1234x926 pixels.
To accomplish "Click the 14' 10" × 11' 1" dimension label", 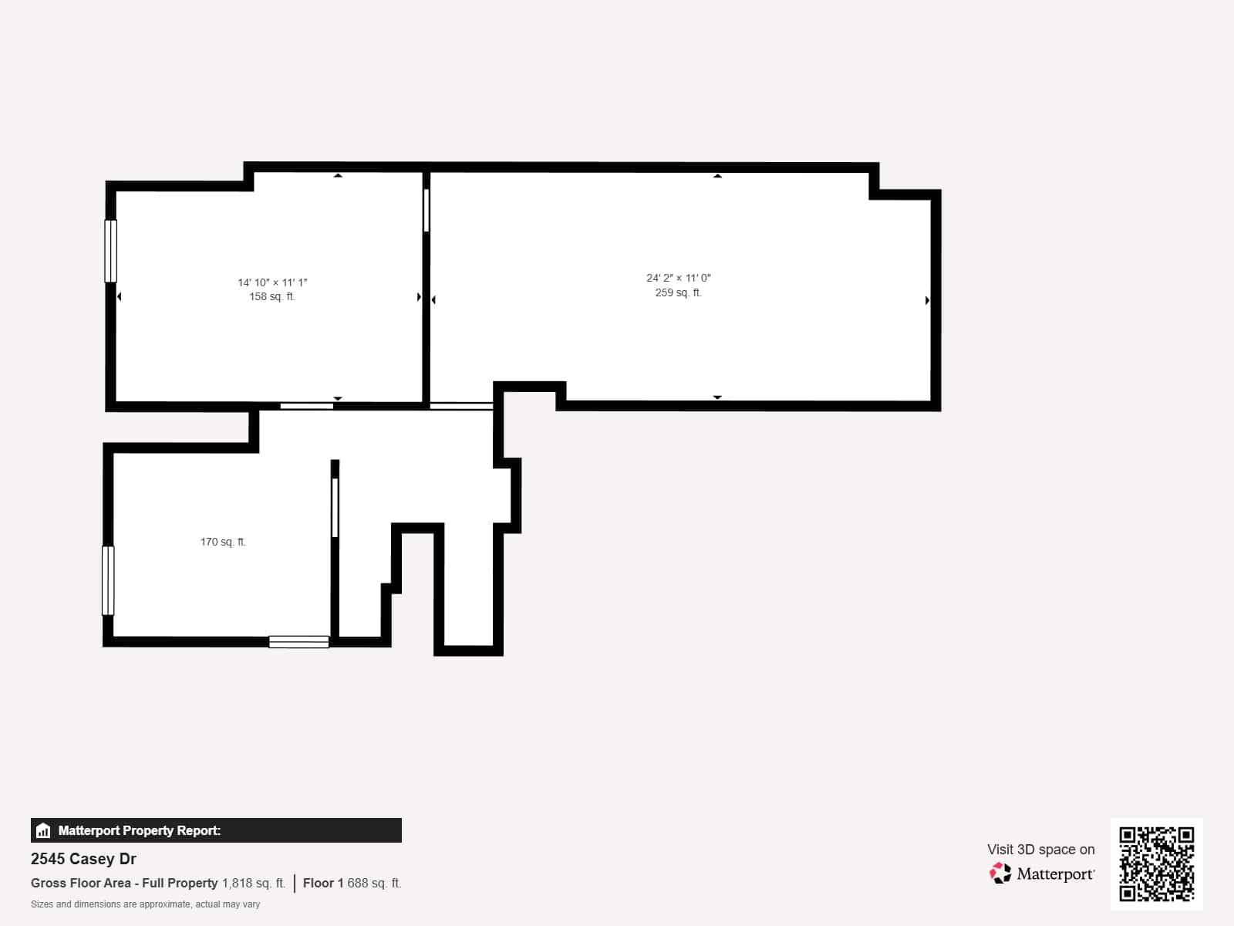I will (272, 282).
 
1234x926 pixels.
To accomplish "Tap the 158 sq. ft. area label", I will (272, 296).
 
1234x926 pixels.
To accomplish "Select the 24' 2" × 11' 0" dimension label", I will (679, 278).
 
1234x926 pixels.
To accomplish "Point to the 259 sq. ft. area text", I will (679, 292).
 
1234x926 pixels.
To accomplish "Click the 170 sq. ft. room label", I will (223, 542).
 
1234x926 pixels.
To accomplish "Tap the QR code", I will (1156, 863).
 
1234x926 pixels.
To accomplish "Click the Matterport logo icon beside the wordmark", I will (1000, 873).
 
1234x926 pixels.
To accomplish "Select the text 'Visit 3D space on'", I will (1040, 849).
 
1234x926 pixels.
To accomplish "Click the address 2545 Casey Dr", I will (83, 859).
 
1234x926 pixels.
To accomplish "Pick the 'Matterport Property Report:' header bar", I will (216, 830).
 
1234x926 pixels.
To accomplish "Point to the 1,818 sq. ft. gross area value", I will (254, 883).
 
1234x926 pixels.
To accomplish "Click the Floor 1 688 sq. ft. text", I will (352, 883).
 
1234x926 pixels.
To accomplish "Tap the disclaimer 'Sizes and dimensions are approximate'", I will (145, 904).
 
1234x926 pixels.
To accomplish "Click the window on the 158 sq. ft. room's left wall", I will (111, 251).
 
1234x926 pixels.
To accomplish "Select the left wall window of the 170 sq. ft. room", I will (108, 580).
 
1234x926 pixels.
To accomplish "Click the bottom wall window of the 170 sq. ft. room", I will (299, 641).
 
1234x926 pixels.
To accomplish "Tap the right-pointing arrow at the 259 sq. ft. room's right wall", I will (927, 300).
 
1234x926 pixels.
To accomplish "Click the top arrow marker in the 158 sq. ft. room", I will (338, 176).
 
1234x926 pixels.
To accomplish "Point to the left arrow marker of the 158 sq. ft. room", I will (119, 296).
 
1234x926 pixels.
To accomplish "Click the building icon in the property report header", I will (43, 830).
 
